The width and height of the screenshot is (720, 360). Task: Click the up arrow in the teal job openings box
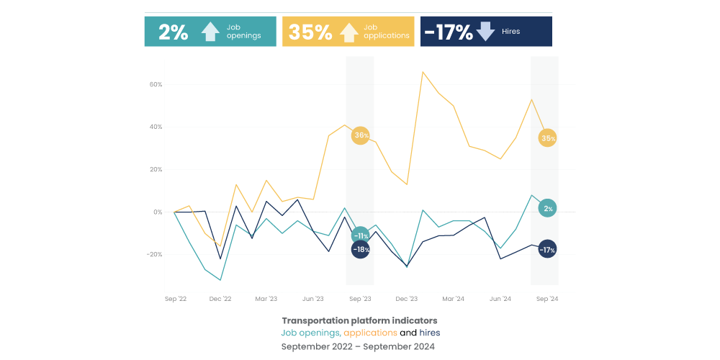[x=210, y=32]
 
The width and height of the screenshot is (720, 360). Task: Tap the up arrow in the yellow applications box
[x=348, y=32]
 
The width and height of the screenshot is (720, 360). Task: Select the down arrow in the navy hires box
[x=485, y=31]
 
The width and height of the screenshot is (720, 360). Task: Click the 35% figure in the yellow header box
[x=310, y=32]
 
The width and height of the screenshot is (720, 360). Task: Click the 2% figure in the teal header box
[x=173, y=32]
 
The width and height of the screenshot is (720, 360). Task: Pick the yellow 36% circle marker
[x=361, y=135]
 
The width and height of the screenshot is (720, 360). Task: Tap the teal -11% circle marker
[x=361, y=235]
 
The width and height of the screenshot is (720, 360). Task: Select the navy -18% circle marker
[x=361, y=250]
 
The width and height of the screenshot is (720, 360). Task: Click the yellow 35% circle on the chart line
[x=547, y=138]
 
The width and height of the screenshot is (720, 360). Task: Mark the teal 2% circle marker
[x=547, y=209]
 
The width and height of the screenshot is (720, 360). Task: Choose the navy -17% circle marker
[x=547, y=250]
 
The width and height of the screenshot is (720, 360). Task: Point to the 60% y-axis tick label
[x=156, y=85]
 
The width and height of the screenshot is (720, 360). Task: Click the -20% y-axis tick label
[x=154, y=255]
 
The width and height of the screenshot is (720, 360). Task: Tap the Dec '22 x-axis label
[x=220, y=298]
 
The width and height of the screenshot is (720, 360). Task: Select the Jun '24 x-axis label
[x=500, y=298]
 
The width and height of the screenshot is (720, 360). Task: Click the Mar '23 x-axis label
[x=266, y=298]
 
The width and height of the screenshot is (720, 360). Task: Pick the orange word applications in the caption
[x=370, y=333]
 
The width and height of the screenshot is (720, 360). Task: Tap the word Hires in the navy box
[x=510, y=32]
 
